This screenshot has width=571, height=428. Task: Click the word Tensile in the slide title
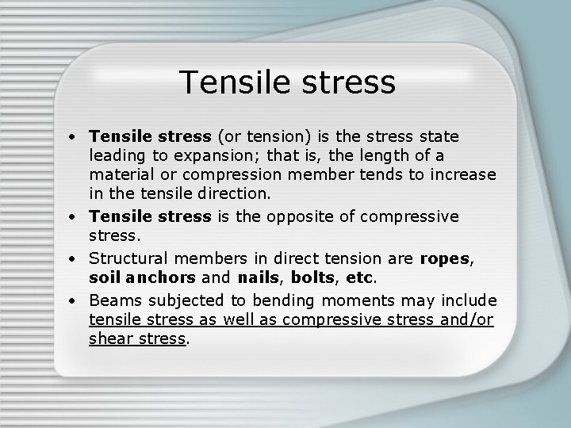[229, 82]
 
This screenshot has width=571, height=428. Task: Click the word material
[123, 174]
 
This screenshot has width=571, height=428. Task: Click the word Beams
[112, 300]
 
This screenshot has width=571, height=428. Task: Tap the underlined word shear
[111, 338]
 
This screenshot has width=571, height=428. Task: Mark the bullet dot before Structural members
[73, 258]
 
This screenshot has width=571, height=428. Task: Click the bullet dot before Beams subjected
[73, 301]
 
